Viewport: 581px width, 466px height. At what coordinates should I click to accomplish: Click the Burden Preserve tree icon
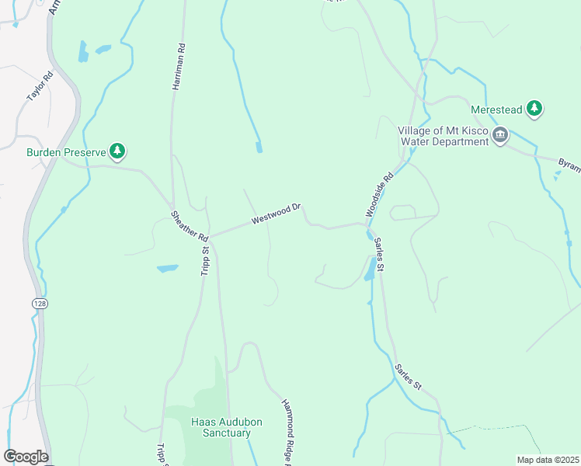(117, 151)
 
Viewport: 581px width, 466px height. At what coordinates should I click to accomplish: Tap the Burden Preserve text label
(65, 152)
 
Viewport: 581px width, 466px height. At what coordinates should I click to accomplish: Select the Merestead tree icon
(534, 110)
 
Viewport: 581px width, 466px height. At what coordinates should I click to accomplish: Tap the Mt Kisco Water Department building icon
(500, 136)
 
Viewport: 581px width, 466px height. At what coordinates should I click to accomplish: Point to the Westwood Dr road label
(276, 215)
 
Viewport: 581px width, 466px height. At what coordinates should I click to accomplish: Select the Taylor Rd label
(40, 86)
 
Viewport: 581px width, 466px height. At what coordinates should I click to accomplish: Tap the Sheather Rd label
(190, 226)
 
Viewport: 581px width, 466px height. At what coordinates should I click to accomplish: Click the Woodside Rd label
(381, 194)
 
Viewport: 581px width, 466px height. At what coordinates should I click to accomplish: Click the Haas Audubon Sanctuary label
(221, 427)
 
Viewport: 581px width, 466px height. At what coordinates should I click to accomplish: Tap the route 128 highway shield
(38, 303)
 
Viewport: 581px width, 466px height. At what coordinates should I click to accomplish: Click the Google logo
(26, 457)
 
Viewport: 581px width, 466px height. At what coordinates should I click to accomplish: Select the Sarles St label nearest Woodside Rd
(380, 254)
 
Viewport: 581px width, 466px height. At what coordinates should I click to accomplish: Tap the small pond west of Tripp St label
(167, 269)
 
